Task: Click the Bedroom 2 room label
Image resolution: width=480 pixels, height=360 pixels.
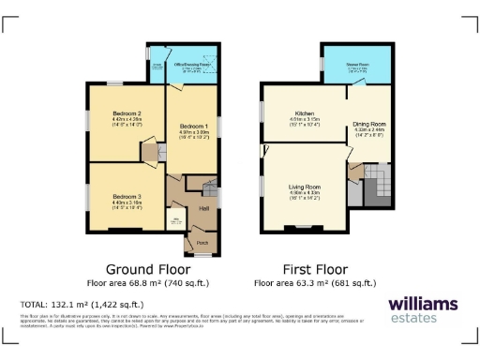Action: (x=126, y=112)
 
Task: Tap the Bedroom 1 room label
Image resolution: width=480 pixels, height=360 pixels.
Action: (x=193, y=125)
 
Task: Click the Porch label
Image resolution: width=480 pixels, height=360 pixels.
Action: (x=202, y=242)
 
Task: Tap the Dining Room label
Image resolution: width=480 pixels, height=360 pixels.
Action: (x=369, y=124)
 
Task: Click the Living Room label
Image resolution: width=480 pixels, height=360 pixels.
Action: (x=305, y=187)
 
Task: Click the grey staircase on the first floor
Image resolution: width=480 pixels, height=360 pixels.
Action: (x=378, y=184)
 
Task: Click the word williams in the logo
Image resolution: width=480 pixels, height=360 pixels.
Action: (x=423, y=303)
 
